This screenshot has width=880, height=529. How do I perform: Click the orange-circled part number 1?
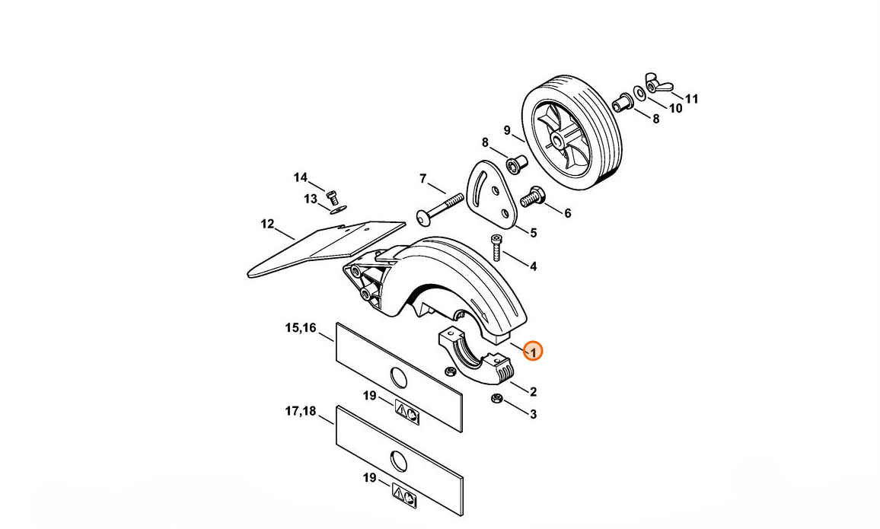[533, 352]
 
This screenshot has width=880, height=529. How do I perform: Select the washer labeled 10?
[639, 91]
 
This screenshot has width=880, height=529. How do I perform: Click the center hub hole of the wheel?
[556, 140]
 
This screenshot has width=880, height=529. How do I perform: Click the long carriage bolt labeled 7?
[439, 208]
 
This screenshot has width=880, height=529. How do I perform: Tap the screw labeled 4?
[497, 247]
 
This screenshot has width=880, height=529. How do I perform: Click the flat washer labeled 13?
[339, 210]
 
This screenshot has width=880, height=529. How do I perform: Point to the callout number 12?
[267, 224]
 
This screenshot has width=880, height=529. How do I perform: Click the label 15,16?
[301, 327]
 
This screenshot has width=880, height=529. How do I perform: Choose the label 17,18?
[301, 411]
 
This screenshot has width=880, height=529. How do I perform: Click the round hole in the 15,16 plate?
[398, 378]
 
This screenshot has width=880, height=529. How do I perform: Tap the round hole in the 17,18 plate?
[399, 461]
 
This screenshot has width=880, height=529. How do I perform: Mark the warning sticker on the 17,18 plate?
[404, 496]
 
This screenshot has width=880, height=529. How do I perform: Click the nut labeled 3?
[496, 398]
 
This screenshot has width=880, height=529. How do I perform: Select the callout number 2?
[533, 391]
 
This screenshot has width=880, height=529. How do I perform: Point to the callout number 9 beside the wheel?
[507, 131]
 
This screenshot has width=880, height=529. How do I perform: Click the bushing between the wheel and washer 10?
[623, 103]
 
